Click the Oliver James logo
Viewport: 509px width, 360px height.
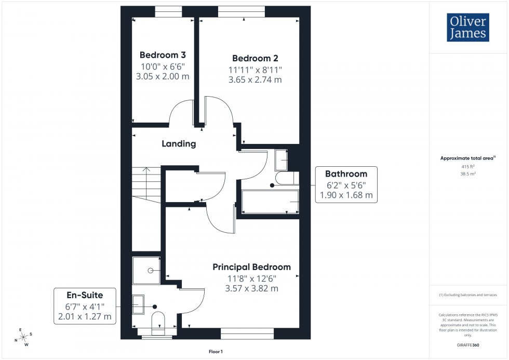pyautogui.click(x=467, y=28)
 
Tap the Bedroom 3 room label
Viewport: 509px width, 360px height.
pyautogui.click(x=163, y=55)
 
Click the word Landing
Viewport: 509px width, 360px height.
pyautogui.click(x=179, y=144)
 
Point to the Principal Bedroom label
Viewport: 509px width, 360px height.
pyautogui.click(x=251, y=267)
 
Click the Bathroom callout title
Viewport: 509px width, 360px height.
pyautogui.click(x=346, y=174)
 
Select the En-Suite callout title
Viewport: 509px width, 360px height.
pyautogui.click(x=85, y=295)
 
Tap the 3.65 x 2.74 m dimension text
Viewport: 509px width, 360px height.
pyautogui.click(x=255, y=80)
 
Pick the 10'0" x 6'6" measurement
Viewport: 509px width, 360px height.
pyautogui.click(x=163, y=66)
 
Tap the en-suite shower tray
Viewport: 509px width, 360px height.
pyautogui.click(x=146, y=270)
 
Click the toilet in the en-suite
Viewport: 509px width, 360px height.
pyautogui.click(x=157, y=322)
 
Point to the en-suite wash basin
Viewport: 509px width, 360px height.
pyautogui.click(x=139, y=304)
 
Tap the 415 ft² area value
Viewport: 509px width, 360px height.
pyautogui.click(x=468, y=167)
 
